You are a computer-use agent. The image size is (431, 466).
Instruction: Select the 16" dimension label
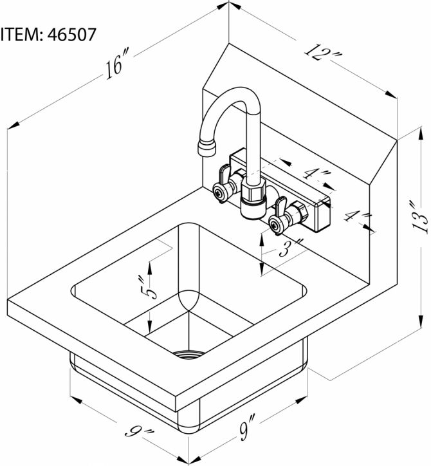[x=118, y=66]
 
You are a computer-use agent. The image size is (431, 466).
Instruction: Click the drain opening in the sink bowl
[x=191, y=353]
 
